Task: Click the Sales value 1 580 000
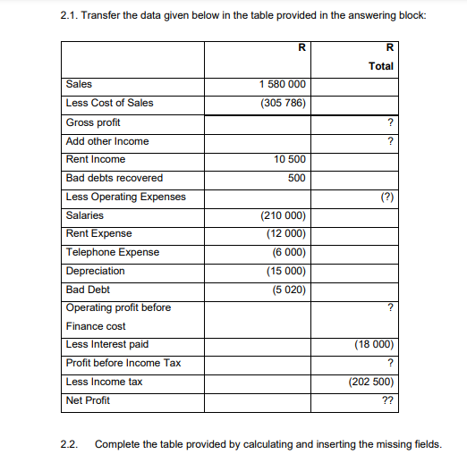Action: coord(283,84)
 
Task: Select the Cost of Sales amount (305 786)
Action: coord(283,103)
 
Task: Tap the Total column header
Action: coord(381,66)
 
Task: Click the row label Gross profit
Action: coord(93,122)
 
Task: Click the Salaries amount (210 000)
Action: coord(284,215)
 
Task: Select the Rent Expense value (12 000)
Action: coord(286,234)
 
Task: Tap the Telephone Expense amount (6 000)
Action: coord(288,252)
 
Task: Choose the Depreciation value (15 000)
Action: coord(286,271)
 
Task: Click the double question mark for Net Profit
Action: coord(388,400)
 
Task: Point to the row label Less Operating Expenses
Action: coord(126,197)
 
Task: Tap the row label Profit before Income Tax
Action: coord(123,363)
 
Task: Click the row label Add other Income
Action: coord(107,141)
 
